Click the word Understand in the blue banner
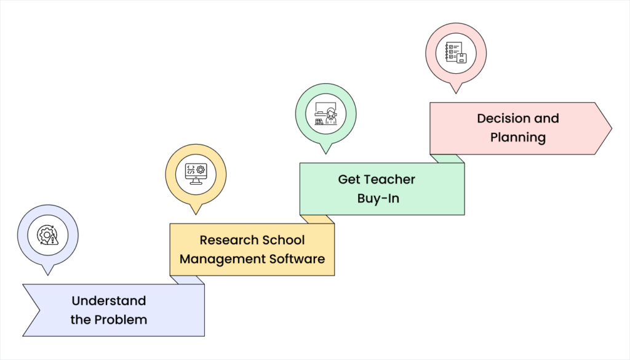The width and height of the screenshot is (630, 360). pyautogui.click(x=109, y=301)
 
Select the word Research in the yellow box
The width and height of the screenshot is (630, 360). pyautogui.click(x=225, y=239)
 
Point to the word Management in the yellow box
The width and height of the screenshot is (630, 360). pyautogui.click(x=223, y=258)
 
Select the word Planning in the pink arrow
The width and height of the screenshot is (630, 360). pyautogui.click(x=518, y=137)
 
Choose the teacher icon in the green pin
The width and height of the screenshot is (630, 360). pyautogui.click(x=326, y=113)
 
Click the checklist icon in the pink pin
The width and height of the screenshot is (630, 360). pyautogui.click(x=456, y=53)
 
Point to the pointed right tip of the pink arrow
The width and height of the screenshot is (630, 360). pyautogui.click(x=611, y=129)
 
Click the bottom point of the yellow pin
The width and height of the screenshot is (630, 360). pyautogui.click(x=196, y=213)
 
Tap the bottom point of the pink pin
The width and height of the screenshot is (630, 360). pyautogui.click(x=456, y=92)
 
